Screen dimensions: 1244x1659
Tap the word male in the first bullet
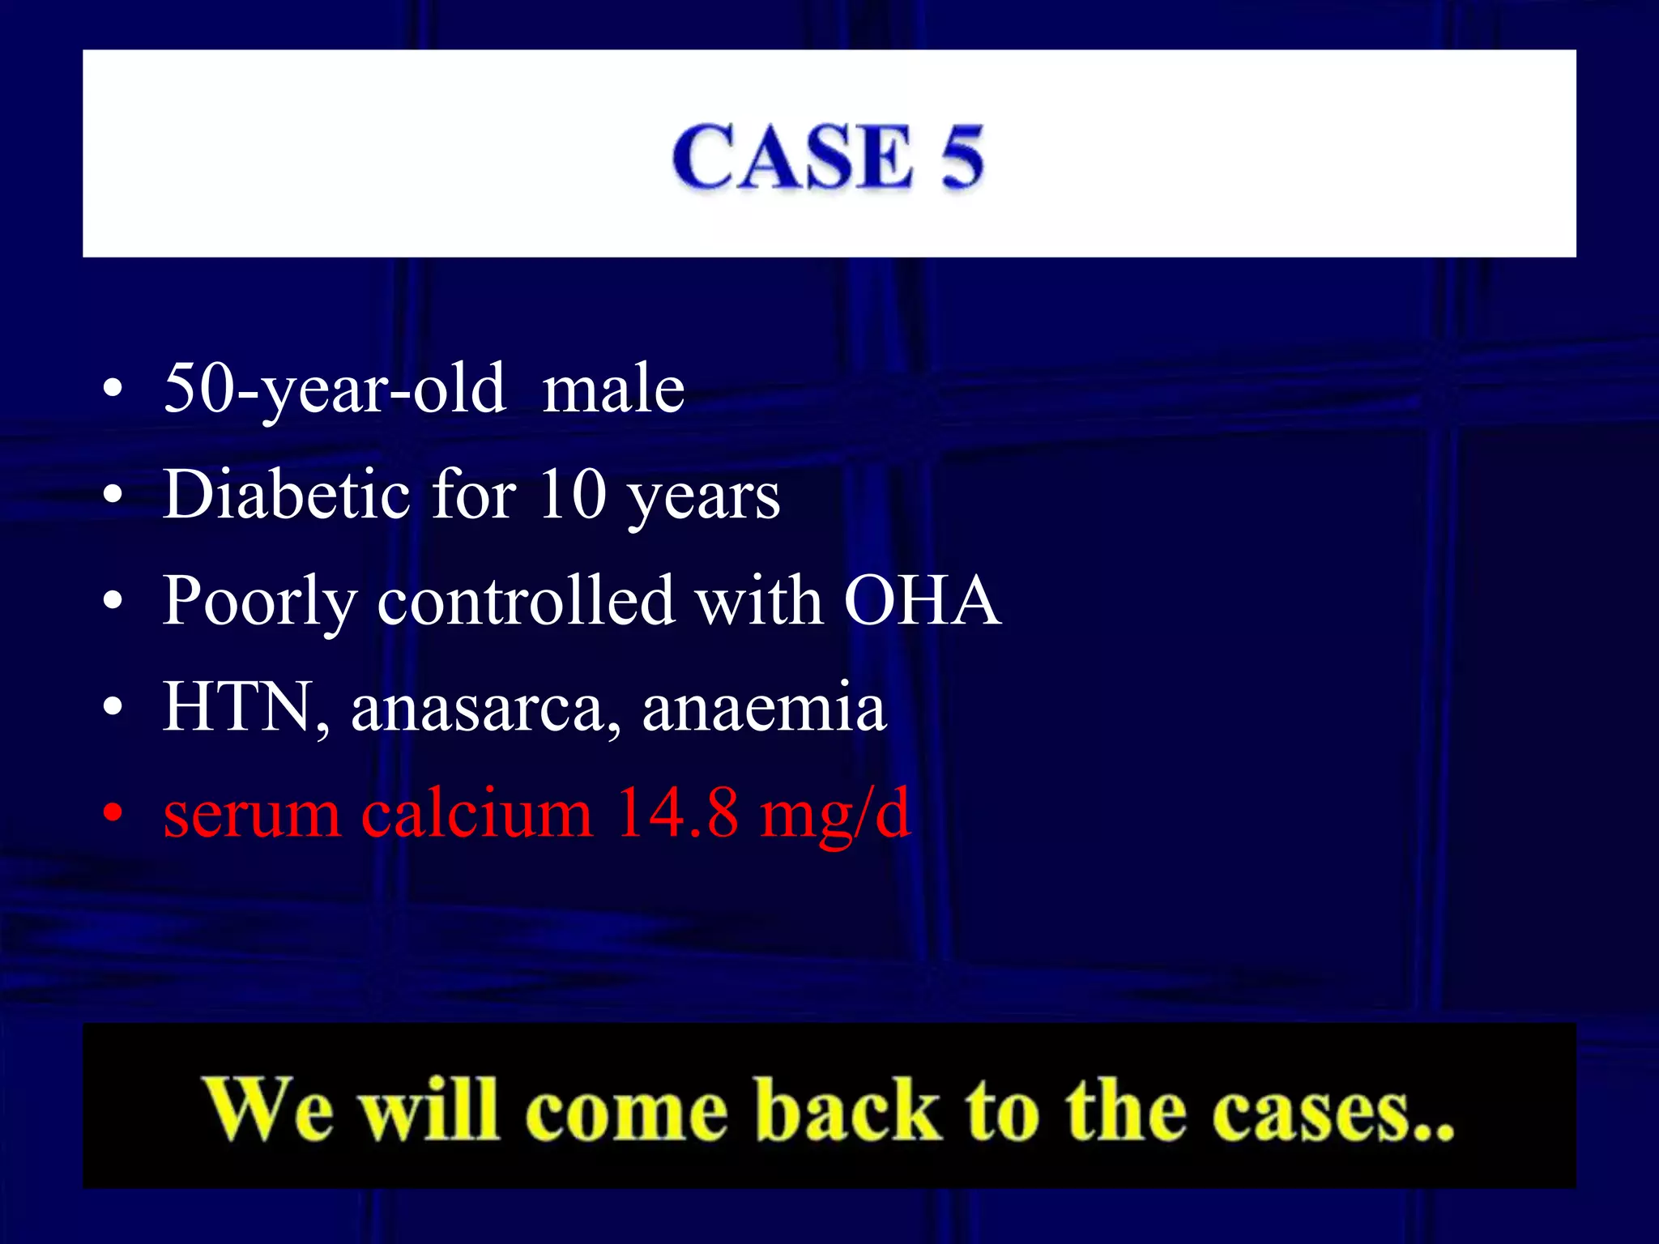pos(613,390)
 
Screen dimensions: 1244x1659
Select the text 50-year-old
pos(335,390)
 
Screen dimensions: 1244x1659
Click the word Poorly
pos(259,603)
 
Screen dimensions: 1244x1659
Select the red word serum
pos(251,814)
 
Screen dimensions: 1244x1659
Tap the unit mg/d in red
pos(835,814)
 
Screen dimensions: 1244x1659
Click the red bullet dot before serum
pos(113,812)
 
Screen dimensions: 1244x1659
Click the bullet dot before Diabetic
pos(113,494)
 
